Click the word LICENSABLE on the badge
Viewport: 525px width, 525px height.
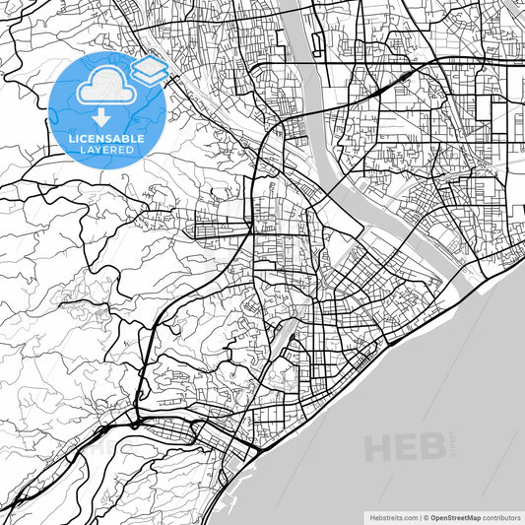pos(106,139)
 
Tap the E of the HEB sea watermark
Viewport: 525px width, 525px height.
pos(406,447)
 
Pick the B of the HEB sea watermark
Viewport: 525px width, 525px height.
pos(431,447)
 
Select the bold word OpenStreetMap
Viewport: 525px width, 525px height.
pos(455,516)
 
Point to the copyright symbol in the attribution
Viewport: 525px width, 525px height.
pos(426,516)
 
